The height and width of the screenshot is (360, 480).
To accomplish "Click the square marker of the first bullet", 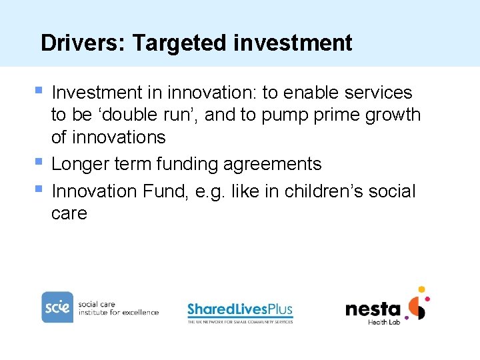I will (x=39, y=89).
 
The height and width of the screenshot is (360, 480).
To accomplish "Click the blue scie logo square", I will (x=57, y=307).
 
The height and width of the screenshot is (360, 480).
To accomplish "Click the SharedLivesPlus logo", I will (x=240, y=311).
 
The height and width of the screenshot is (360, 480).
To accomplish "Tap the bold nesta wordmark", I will (x=373, y=309).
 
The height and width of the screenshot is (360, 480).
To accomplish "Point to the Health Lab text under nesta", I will (x=385, y=323).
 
